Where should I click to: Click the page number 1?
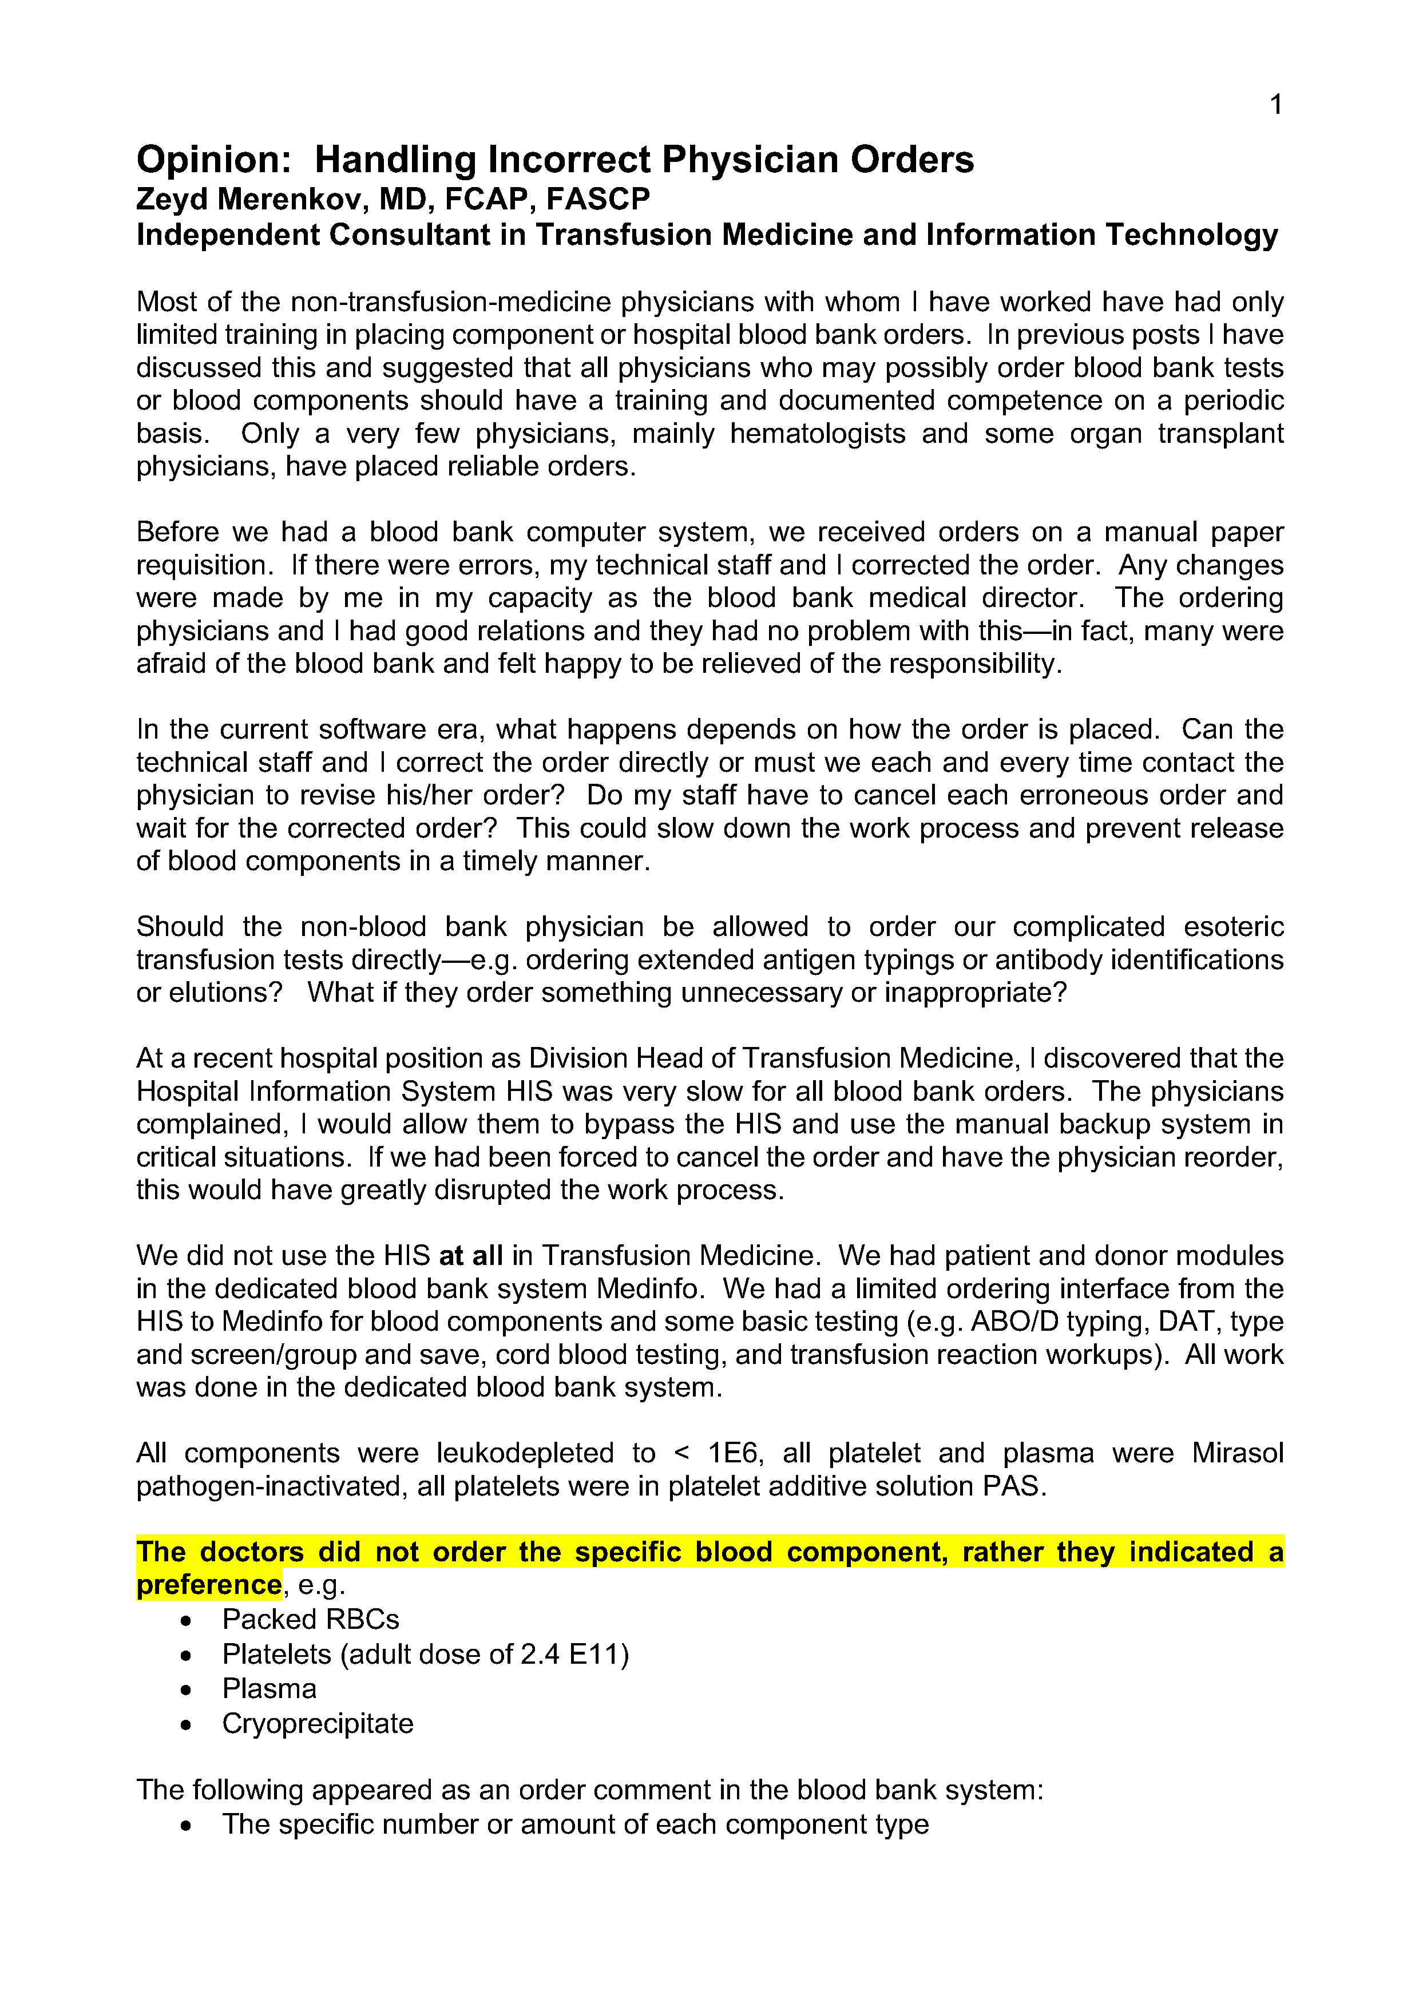point(1275,105)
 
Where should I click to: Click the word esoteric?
point(1233,927)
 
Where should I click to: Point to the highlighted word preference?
point(209,1585)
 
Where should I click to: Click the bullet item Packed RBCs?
point(310,1620)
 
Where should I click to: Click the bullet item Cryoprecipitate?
point(318,1724)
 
